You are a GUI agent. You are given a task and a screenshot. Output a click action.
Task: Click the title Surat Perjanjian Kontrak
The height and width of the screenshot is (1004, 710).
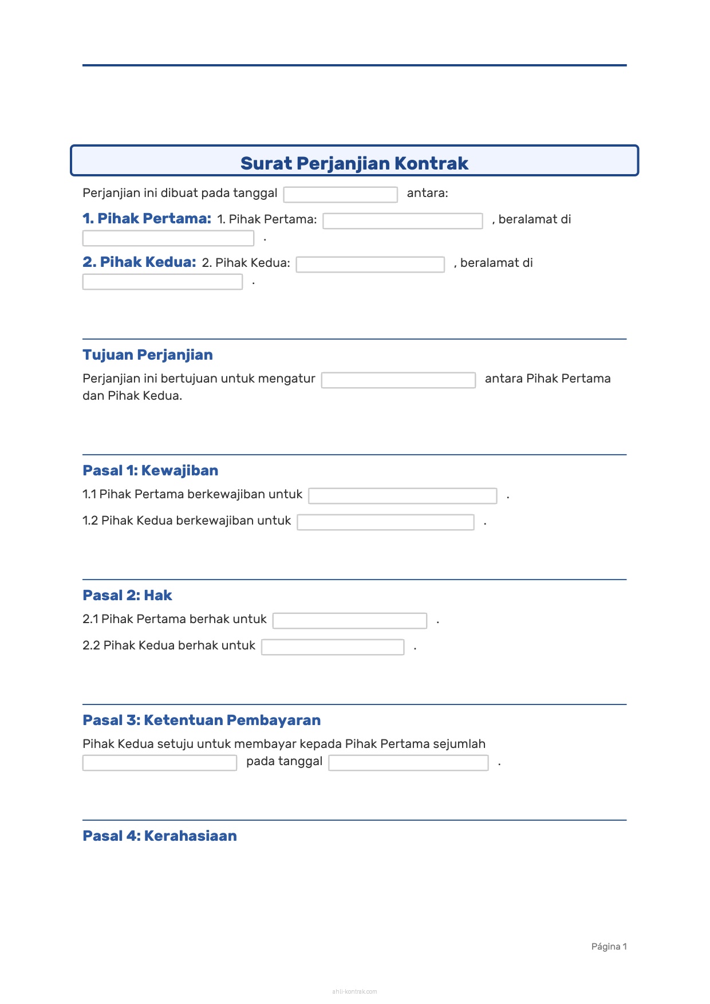[354, 163]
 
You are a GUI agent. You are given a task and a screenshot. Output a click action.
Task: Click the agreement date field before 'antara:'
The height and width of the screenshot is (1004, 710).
[340, 195]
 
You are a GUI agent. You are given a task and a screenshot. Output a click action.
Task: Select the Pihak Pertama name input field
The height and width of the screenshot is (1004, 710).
[403, 221]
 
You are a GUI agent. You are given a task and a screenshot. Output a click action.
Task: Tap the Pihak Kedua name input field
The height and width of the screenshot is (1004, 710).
[370, 265]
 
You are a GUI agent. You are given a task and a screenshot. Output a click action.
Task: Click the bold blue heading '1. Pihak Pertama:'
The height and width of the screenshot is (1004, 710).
[147, 219]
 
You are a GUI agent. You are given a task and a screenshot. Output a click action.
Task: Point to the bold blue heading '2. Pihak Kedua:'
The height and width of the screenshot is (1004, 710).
[139, 262]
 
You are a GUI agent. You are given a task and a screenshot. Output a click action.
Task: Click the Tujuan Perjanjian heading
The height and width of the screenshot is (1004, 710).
[148, 355]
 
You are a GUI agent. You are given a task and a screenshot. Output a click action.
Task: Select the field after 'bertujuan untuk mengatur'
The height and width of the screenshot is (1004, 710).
[398, 380]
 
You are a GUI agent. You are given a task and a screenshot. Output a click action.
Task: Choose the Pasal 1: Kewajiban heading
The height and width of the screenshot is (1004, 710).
[151, 471]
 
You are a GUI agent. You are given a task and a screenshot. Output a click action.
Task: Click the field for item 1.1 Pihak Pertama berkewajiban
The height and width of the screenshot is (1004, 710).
[403, 496]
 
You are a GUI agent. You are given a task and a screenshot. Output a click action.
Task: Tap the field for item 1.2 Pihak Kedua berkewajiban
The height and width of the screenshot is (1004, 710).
[385, 522]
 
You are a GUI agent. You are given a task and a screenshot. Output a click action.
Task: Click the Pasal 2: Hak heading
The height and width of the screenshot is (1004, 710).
[127, 596]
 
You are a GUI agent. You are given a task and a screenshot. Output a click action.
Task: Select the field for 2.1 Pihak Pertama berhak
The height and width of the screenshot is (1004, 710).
[349, 621]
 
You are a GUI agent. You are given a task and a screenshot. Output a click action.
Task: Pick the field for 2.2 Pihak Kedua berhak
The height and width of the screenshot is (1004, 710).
[333, 647]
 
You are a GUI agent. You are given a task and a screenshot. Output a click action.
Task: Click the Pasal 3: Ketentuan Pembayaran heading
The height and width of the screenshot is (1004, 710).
[202, 720]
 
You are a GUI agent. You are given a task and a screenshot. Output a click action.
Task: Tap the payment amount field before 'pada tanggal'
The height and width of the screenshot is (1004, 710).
[160, 763]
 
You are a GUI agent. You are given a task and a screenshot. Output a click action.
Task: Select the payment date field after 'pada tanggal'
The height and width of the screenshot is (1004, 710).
[408, 763]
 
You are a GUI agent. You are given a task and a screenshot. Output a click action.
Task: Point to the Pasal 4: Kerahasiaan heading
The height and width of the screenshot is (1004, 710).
[160, 836]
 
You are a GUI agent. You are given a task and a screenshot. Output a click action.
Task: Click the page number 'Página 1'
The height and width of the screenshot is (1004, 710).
[609, 947]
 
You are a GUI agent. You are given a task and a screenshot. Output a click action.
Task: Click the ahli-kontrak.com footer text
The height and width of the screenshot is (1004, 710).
[354, 991]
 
